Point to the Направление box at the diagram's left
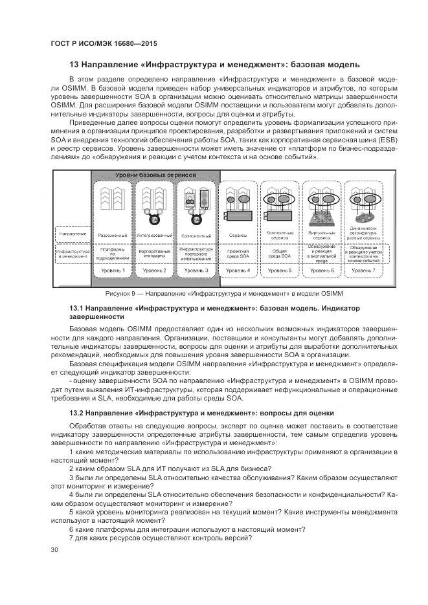tap(72, 233)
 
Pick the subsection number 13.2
tap(76, 412)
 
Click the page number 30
tap(54, 550)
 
